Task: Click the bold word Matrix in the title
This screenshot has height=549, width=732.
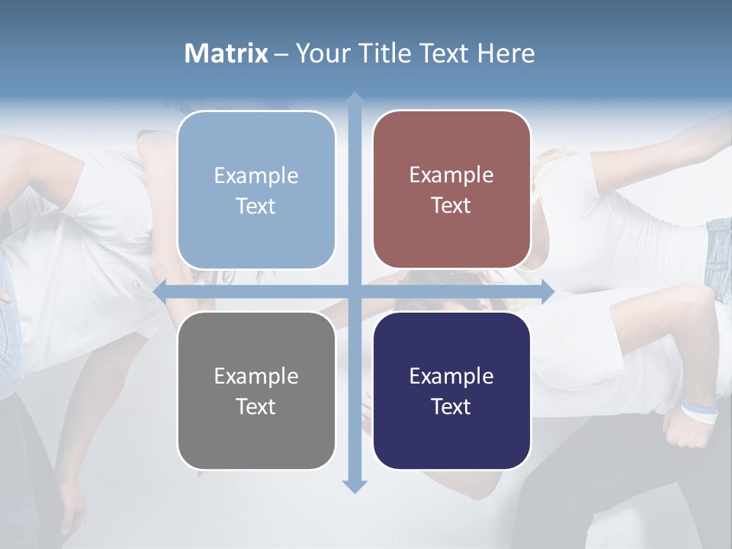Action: pyautogui.click(x=226, y=53)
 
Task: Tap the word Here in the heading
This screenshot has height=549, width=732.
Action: pyautogui.click(x=506, y=53)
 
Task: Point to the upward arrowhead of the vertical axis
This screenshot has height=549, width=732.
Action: pyautogui.click(x=355, y=98)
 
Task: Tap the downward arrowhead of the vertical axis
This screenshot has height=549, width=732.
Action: pyautogui.click(x=355, y=486)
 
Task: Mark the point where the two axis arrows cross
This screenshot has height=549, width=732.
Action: pyautogui.click(x=355, y=291)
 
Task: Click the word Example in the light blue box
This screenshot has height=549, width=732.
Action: pyautogui.click(x=256, y=176)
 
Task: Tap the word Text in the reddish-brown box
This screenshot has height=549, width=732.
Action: pyautogui.click(x=451, y=206)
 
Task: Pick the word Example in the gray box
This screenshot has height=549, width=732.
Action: pyautogui.click(x=256, y=377)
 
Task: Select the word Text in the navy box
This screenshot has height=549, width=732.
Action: pyautogui.click(x=451, y=406)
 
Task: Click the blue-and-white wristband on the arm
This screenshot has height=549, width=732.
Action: pyautogui.click(x=700, y=412)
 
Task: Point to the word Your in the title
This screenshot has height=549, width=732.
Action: pyautogui.click(x=319, y=53)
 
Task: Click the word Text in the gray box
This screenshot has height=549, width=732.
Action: pyautogui.click(x=256, y=406)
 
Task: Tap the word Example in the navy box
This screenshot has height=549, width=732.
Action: pyautogui.click(x=451, y=377)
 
